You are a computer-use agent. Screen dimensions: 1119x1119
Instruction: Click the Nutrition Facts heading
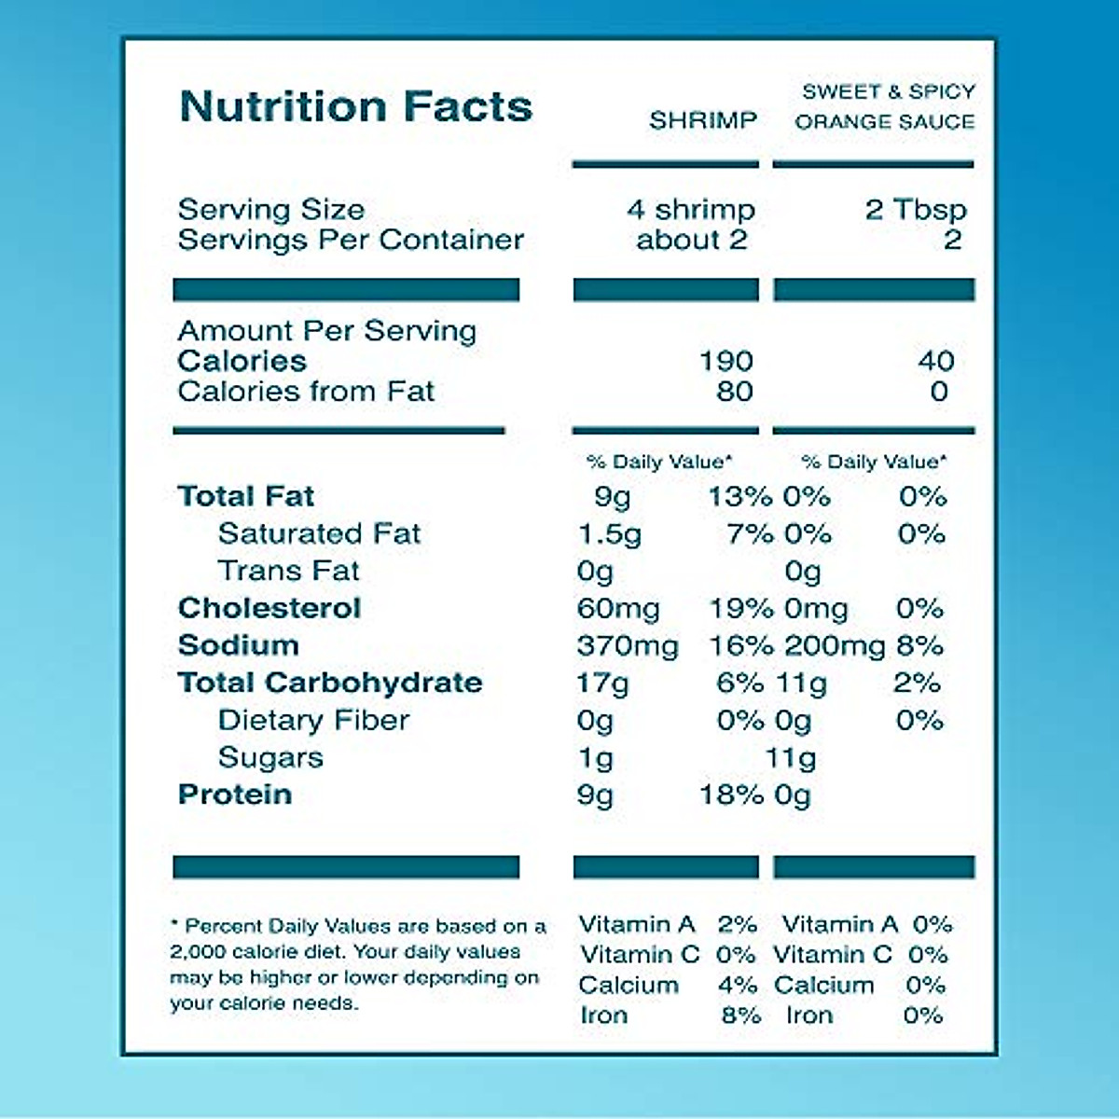355,106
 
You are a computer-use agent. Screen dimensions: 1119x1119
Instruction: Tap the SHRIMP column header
703,120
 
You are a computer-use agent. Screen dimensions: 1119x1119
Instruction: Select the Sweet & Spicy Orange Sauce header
885,106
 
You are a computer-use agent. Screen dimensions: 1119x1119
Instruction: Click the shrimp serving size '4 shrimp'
690,209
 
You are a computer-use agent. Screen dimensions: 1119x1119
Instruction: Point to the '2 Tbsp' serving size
916,209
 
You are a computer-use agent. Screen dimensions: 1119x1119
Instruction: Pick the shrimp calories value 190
726,361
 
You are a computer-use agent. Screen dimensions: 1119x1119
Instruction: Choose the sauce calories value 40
936,361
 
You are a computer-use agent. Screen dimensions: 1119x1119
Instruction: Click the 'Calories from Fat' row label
306,392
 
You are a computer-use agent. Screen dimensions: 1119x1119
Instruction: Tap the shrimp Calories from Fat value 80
735,392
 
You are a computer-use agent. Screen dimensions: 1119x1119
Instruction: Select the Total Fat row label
246,496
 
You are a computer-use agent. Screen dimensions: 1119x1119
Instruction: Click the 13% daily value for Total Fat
739,496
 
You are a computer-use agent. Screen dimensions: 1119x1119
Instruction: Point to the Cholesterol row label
269,608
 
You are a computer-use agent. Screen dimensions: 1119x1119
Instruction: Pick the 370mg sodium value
628,645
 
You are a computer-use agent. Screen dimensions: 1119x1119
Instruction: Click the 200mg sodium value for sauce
835,645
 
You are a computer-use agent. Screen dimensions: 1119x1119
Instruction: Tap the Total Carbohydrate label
330,683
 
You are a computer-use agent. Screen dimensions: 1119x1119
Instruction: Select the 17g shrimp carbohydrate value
602,684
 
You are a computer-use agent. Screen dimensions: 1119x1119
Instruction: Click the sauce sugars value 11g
791,758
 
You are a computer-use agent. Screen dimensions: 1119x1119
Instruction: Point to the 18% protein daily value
732,795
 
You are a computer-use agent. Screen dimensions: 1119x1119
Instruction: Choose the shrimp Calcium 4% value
738,986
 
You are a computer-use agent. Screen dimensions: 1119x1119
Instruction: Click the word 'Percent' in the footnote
224,927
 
